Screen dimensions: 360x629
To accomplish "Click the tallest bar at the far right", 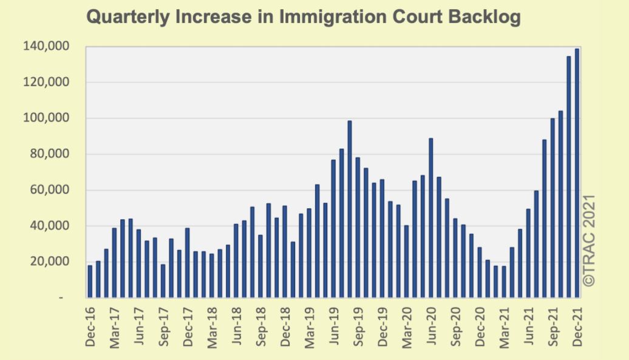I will click(x=577, y=173).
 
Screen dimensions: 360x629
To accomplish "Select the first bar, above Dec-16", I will click(x=90, y=282).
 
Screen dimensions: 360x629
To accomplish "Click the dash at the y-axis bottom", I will click(x=61, y=298).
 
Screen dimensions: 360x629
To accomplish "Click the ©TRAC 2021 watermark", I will click(x=591, y=240).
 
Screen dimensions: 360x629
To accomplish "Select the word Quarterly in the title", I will click(x=126, y=18).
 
